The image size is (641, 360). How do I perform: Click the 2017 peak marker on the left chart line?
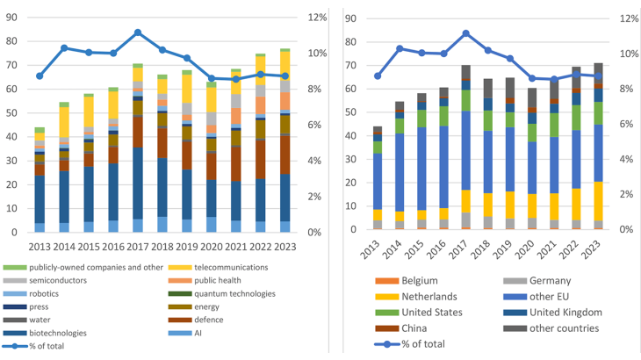tap(138, 32)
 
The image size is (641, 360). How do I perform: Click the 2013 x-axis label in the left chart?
tap(40, 248)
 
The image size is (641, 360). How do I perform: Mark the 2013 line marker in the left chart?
tap(40, 76)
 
